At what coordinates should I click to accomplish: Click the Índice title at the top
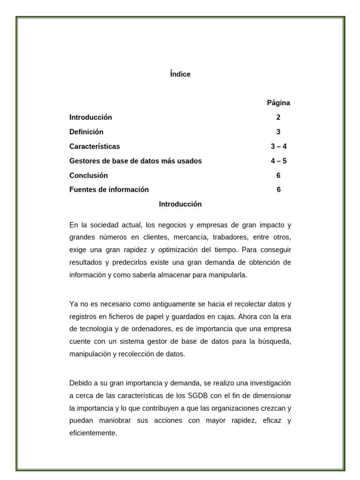click(180, 74)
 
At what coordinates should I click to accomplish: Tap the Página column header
click(278, 103)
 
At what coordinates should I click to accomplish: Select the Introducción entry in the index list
click(90, 117)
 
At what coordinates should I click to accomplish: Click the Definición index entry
click(86, 132)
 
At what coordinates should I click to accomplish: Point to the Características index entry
click(94, 146)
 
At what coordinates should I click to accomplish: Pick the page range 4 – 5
click(278, 161)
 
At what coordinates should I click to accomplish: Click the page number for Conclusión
click(278, 175)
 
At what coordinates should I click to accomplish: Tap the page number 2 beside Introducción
click(278, 117)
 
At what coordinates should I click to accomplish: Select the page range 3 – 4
click(278, 146)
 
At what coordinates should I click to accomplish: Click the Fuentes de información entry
click(109, 189)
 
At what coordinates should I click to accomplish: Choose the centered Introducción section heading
click(180, 204)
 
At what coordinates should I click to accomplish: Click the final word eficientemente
click(93, 433)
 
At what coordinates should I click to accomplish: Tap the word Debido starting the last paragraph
click(81, 382)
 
